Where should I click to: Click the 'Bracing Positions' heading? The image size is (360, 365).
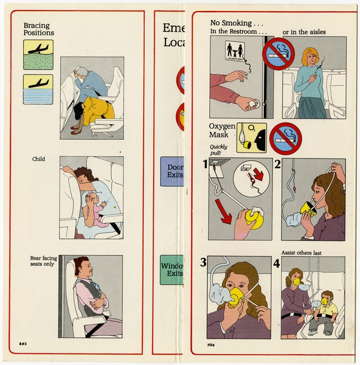coord(38,29)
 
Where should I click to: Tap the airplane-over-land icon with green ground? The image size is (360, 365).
coord(38,54)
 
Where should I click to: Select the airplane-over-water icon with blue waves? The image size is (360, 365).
coord(38,89)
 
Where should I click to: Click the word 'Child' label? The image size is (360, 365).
coord(39,159)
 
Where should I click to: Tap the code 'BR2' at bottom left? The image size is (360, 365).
coord(22,344)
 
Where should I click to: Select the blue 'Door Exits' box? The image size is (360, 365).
coord(171,172)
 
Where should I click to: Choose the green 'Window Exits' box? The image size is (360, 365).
coord(171,270)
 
